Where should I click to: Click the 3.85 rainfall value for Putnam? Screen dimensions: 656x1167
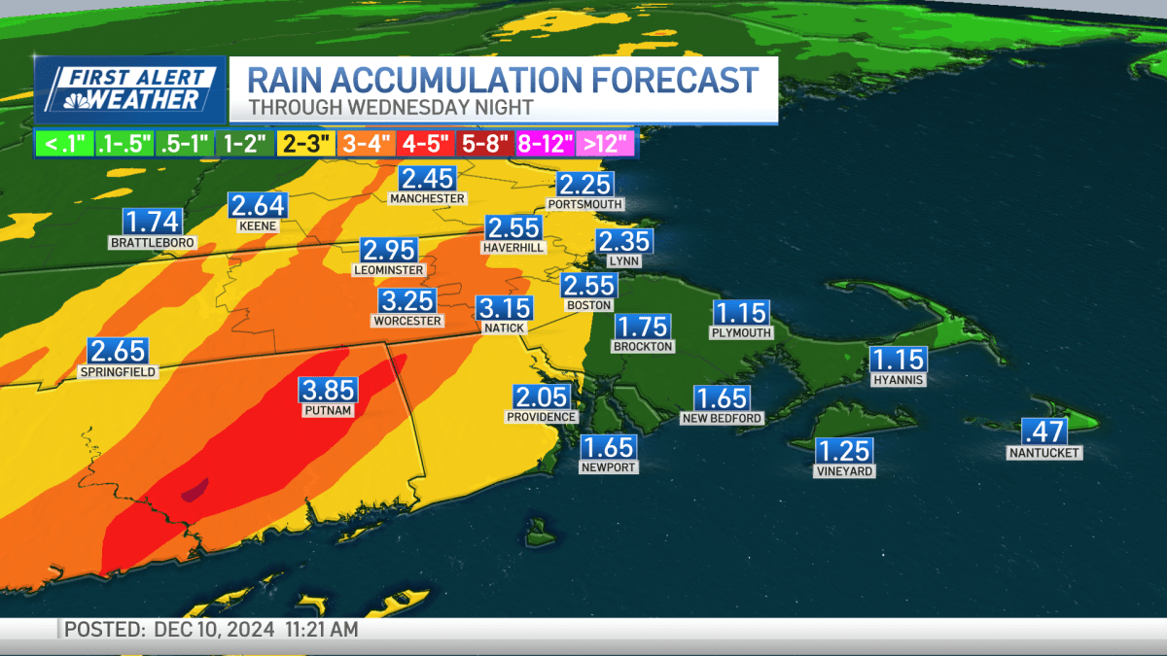(x=328, y=391)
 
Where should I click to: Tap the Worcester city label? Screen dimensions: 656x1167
(x=407, y=321)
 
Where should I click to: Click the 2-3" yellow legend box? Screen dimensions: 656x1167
(x=305, y=144)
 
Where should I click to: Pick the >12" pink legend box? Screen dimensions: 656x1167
(x=606, y=144)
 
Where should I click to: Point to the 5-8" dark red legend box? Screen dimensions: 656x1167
(x=485, y=144)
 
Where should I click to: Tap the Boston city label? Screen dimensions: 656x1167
(x=588, y=305)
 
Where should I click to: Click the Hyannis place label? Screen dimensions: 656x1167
(x=898, y=380)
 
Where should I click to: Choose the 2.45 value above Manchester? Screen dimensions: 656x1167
(x=427, y=179)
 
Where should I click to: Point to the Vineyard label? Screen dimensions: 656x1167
(x=844, y=471)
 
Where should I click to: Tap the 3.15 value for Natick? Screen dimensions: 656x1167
(x=504, y=309)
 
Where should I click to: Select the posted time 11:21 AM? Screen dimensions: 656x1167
(x=321, y=630)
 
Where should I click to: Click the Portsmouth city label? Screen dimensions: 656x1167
(x=584, y=205)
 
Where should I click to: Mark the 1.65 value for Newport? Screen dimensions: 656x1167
(x=608, y=447)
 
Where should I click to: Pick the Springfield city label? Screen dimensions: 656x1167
(x=117, y=371)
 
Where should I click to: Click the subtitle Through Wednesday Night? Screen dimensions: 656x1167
(x=390, y=107)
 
